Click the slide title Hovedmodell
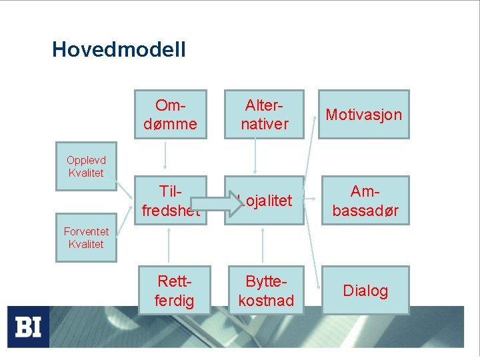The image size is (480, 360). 119,49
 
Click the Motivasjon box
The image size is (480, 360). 363,115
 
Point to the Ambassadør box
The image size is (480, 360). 363,201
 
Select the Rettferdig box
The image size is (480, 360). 175,291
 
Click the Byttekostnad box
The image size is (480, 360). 265,291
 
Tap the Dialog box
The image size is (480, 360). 365,291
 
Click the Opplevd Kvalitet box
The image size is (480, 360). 86,166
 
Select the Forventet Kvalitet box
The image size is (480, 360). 86,237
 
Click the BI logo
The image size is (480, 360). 28,327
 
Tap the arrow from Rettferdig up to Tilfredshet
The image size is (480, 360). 169,245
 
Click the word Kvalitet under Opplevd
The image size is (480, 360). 86,173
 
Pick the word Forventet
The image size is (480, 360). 86,231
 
